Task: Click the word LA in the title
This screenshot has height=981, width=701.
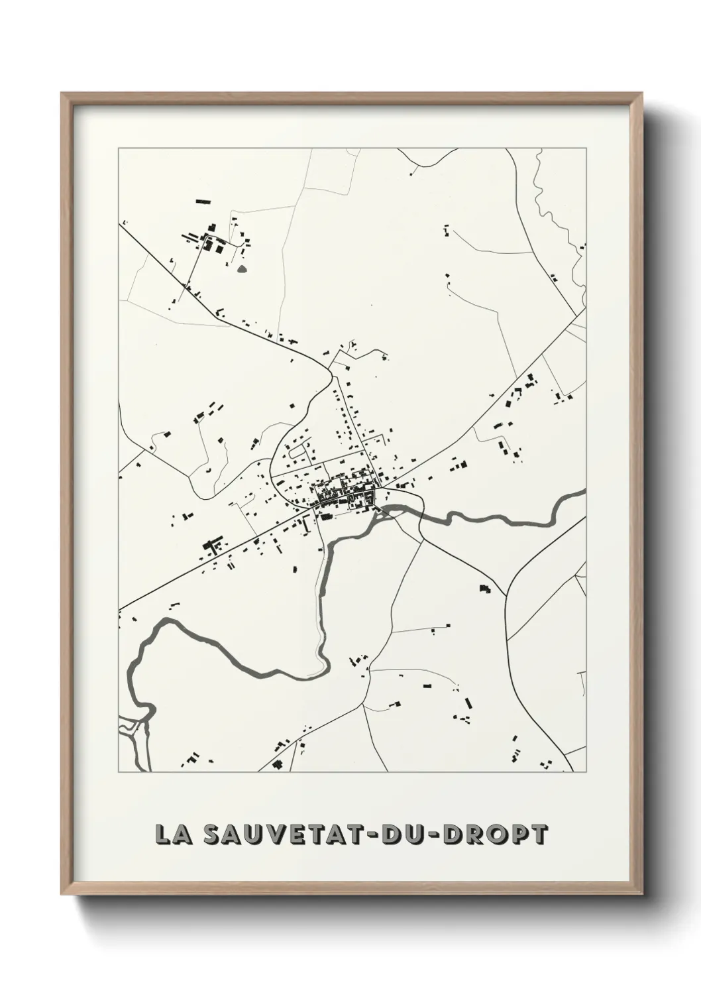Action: coord(170,835)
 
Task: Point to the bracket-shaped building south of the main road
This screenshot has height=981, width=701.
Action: coord(213,546)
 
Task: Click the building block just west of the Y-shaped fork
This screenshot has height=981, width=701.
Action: coord(485,588)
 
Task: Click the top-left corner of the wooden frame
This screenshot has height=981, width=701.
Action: coord(62,93)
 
